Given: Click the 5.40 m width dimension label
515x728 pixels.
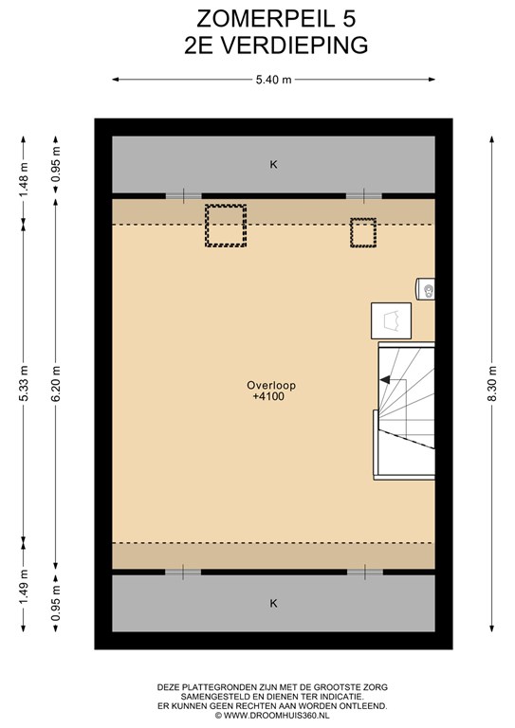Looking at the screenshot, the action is coord(273,80).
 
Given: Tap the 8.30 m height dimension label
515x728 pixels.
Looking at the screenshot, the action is coord(492,384).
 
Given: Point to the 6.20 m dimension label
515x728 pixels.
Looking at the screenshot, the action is coord(56,384).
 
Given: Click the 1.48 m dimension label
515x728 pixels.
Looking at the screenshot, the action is coord(24,178).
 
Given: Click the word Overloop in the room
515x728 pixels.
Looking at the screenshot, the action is coord(271,386).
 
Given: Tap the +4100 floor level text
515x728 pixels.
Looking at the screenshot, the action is coord(268,396).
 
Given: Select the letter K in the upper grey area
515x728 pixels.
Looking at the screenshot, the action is coord(273,164).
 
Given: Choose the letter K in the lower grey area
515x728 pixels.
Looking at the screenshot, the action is coord(273,603).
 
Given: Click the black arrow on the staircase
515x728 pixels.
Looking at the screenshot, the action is coord(385,380).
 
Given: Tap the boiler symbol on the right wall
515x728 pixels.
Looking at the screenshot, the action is coord(426,289).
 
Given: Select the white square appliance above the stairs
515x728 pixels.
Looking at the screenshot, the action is coord(391,320).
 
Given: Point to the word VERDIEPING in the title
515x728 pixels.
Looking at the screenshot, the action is coord(293,45).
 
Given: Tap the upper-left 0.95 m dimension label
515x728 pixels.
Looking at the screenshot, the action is coord(56,165).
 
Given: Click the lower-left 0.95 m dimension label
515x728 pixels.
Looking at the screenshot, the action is coord(56,603).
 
